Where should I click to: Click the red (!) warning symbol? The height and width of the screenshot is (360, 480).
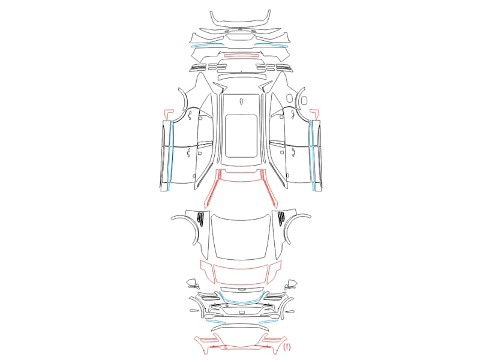[x=287, y=347]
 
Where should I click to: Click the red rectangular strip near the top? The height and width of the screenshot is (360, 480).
[x=242, y=56]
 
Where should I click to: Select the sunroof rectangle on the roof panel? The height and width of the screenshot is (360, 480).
[x=241, y=136]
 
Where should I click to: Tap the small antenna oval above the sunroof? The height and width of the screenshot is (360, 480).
[x=241, y=101]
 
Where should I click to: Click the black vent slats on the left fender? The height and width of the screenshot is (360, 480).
[x=201, y=219]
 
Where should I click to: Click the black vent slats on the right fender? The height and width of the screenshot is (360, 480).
[x=281, y=219]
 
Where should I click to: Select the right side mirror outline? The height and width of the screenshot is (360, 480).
[x=290, y=284]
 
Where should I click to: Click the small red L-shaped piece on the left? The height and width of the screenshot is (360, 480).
[x=167, y=114]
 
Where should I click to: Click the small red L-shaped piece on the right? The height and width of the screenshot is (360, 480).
[x=315, y=114]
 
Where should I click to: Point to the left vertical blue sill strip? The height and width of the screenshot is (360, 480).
[x=170, y=155]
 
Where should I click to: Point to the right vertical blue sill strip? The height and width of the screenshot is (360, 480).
[x=312, y=155]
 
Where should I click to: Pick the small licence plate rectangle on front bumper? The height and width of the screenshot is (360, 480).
[x=242, y=313]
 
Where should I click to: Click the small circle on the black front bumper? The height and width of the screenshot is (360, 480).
[x=227, y=306]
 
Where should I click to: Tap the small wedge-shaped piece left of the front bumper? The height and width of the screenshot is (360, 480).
[x=194, y=311]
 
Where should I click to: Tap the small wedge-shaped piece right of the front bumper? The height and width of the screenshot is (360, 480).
[x=289, y=311]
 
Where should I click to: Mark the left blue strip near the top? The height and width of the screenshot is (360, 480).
[x=207, y=45]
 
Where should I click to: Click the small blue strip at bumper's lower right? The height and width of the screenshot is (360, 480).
[x=268, y=322]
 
